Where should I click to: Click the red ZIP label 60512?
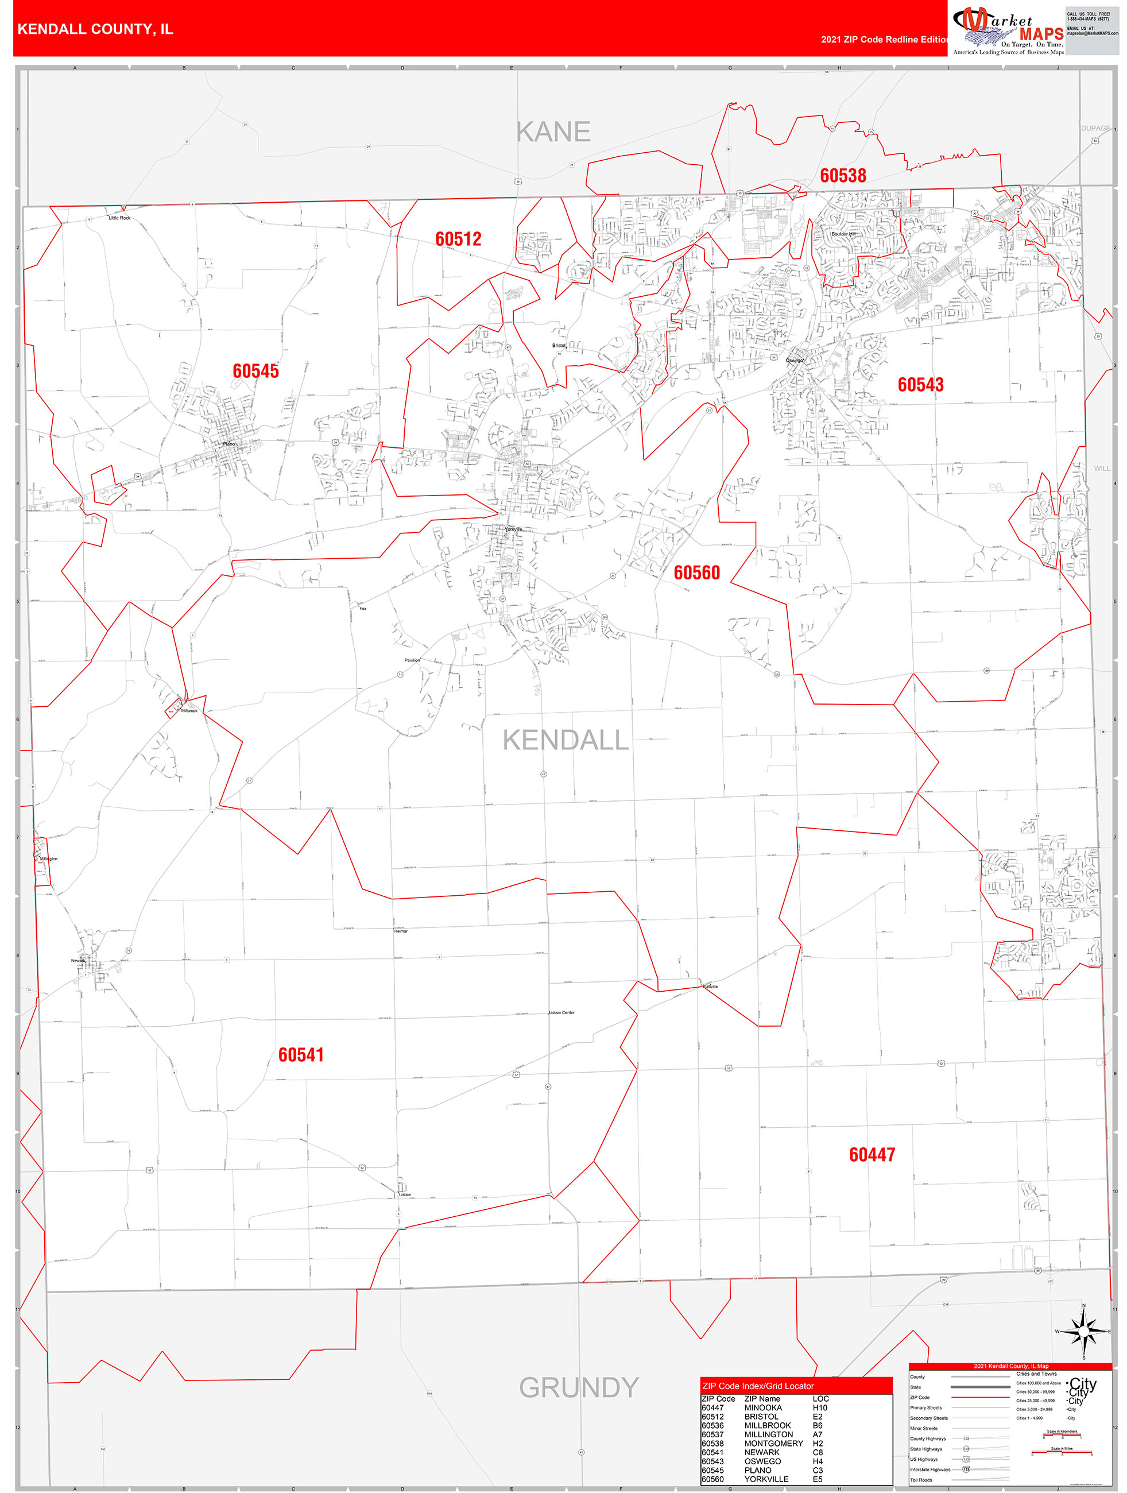[458, 239]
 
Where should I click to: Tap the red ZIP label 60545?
[255, 370]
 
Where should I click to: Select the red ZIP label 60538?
[843, 176]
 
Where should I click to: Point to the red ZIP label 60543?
[920, 385]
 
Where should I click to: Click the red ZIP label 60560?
[696, 573]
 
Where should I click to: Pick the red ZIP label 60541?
[301, 1054]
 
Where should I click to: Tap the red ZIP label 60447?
[872, 1154]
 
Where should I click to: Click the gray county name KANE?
[553, 132]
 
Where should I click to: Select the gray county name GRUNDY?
[578, 1387]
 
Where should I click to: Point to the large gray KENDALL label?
[566, 740]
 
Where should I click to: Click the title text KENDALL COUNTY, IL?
[95, 29]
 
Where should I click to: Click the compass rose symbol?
[1084, 1331]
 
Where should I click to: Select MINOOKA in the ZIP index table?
[762, 1407]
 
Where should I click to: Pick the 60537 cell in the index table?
[712, 1434]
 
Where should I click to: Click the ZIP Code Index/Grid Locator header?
[758, 1386]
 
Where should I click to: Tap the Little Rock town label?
[119, 218]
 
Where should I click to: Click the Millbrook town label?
[189, 711]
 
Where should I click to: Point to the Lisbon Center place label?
[561, 1012]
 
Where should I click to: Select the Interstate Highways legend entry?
[930, 1469]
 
